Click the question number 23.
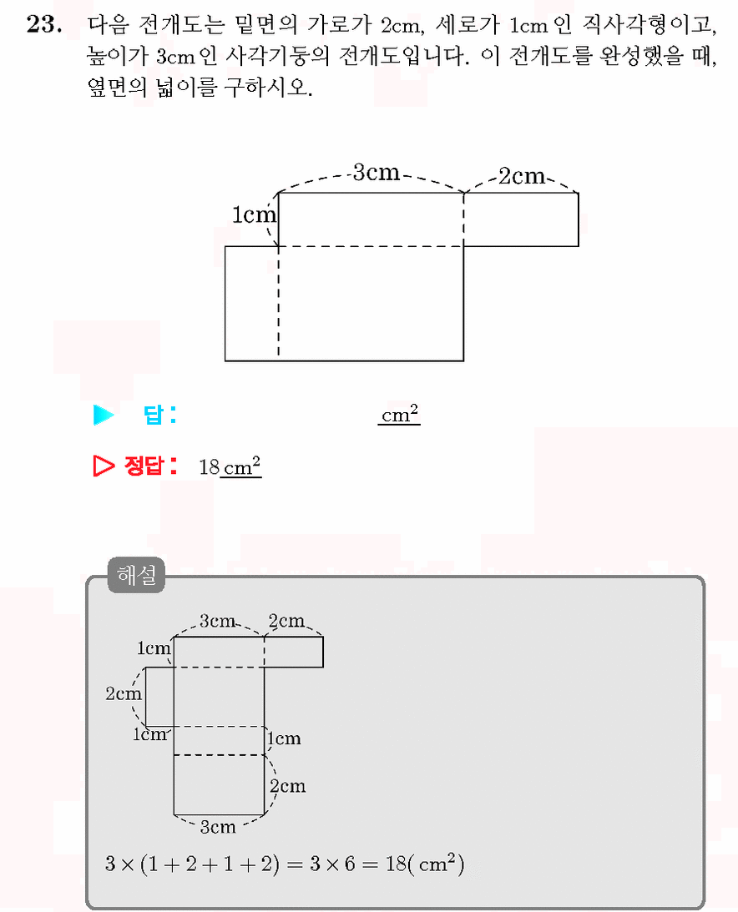click(43, 24)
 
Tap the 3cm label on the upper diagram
click(377, 172)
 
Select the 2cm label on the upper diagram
click(522, 176)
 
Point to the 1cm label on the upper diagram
click(254, 214)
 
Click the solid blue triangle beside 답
click(104, 415)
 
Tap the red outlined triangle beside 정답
click(104, 466)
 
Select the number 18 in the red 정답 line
click(209, 467)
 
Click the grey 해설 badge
click(136, 575)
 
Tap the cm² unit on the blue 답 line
click(399, 415)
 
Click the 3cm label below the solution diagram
click(218, 827)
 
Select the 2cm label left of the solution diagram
click(124, 693)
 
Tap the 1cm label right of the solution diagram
click(284, 738)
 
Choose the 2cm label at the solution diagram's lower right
click(287, 786)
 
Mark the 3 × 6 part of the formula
click(332, 864)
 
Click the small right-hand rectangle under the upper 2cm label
click(521, 219)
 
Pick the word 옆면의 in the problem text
click(117, 88)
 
